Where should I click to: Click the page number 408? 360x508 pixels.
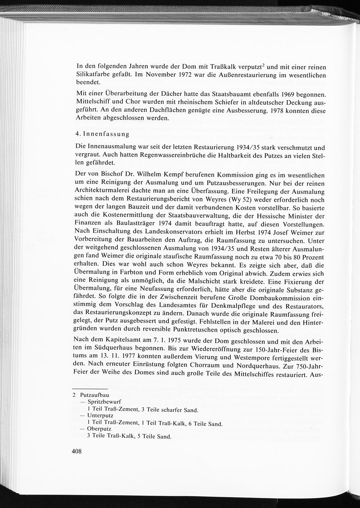(77, 451)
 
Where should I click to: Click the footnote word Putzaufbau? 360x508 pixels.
(92, 395)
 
